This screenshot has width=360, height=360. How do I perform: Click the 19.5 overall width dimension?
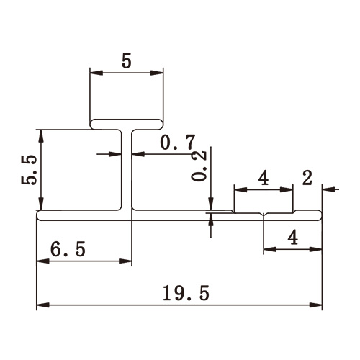(x=180, y=293)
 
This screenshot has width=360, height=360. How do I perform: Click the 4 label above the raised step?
(x=264, y=178)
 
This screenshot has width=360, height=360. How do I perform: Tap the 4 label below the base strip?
(x=292, y=236)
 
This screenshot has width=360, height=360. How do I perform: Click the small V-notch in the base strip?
(x=264, y=214)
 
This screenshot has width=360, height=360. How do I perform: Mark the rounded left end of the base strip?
(x=39, y=215)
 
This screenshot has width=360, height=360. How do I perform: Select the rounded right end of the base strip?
(x=319, y=215)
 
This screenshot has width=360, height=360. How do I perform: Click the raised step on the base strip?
(x=264, y=212)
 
